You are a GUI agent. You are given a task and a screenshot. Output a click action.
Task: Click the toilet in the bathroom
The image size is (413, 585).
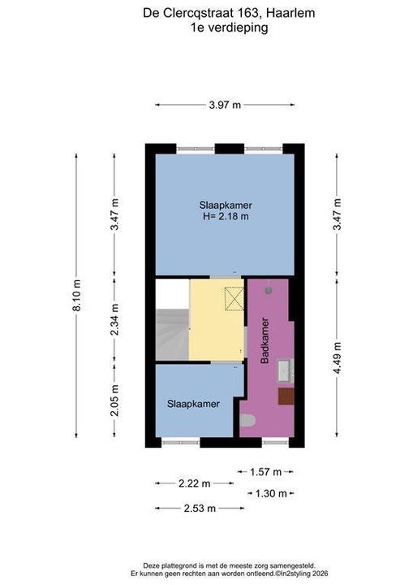247,421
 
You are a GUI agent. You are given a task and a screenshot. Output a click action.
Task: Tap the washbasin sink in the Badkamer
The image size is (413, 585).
286,370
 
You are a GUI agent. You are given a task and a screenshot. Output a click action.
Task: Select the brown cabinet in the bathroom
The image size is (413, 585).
286,396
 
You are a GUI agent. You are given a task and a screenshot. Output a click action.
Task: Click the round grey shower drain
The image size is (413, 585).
269,290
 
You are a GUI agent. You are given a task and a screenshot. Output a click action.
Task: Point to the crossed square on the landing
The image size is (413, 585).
234,298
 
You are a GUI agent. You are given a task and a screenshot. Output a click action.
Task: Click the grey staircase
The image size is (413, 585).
172,334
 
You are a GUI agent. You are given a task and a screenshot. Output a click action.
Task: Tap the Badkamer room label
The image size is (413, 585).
265,340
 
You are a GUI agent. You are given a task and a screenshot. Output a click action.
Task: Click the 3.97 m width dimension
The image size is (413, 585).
225,105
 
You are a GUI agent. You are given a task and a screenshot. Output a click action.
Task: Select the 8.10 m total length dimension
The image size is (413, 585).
76,295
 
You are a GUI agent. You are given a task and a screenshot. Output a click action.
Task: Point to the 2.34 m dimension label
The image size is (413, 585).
114,319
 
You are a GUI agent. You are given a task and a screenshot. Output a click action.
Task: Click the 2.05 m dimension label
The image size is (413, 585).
114,401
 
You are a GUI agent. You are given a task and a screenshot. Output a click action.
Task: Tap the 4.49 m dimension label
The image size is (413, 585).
337,357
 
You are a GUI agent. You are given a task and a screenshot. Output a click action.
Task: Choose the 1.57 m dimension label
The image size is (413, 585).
265,472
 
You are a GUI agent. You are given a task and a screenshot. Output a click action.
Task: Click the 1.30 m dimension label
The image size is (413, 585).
271,494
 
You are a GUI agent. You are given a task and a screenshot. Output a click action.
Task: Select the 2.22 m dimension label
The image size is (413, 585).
194,483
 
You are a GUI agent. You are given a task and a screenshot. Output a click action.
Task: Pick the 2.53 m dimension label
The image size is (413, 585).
200,508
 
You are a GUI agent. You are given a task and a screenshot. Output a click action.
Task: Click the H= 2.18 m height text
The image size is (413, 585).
226,216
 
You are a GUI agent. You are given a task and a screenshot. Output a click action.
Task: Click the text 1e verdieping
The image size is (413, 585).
230,28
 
